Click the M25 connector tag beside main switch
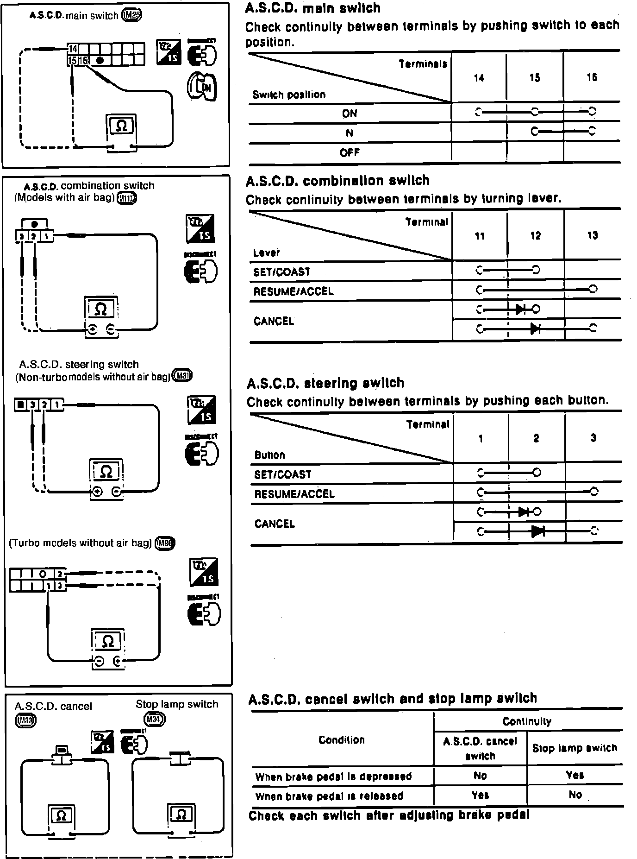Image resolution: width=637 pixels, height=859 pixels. pos(131,15)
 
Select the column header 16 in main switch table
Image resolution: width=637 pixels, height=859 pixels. pos(592,77)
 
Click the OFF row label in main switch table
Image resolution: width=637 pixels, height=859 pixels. pos(350,152)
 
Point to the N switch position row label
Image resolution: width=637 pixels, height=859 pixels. pos(350,133)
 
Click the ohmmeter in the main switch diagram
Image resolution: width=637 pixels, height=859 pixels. pos(121,132)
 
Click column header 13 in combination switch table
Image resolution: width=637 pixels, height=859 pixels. pos(592,235)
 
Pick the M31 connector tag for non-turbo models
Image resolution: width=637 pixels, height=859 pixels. pos(182,375)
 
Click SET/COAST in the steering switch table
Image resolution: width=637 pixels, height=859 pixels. pos(282,474)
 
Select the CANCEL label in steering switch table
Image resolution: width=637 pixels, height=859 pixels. pos(274,524)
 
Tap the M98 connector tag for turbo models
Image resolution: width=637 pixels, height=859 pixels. pos(166,543)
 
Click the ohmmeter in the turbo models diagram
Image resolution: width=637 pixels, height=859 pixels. pos(107,649)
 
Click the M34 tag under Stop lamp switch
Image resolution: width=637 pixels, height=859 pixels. pos(154,720)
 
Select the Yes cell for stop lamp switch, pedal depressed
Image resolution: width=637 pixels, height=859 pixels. pos(575,775)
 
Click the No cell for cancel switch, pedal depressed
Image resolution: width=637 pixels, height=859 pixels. pos(480,776)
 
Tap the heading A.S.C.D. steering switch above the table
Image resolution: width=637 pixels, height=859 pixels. pos(325,383)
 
